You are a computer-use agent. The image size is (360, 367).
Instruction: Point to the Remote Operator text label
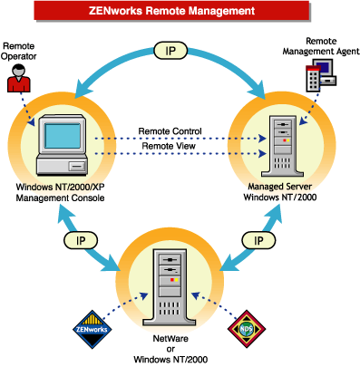(21, 52)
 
